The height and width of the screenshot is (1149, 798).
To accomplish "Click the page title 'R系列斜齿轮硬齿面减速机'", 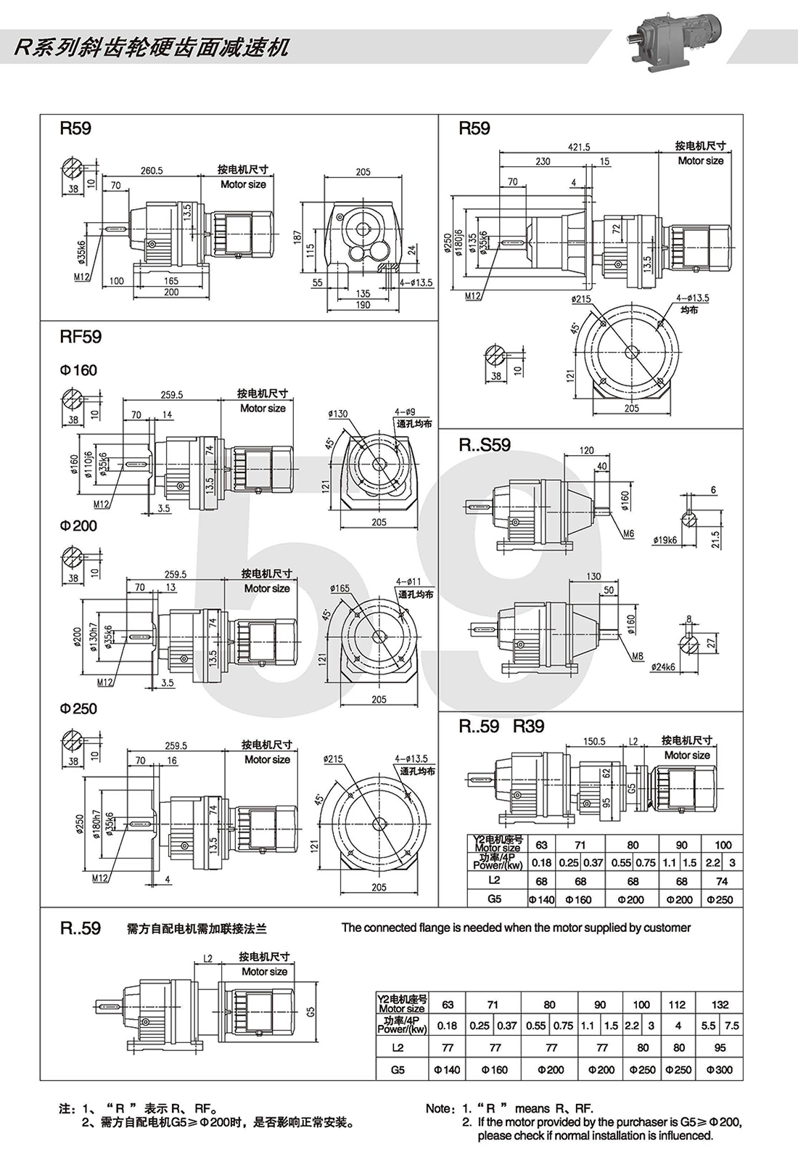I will point(152,48).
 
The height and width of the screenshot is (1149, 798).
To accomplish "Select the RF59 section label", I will point(81,337).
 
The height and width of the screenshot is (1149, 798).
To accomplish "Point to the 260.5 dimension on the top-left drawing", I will point(152,171).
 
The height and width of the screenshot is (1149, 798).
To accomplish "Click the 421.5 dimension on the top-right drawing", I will point(578,147).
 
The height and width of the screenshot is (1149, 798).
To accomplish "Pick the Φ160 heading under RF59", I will point(78,370).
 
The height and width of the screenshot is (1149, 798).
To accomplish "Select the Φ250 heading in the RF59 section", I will point(78,708).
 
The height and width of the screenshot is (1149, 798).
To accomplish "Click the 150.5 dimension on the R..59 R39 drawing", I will point(594,741).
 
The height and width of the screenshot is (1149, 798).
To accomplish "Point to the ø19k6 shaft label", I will point(665,540).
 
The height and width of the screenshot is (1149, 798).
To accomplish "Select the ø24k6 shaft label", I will point(663,666).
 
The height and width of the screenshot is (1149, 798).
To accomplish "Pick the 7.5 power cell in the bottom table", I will point(731,1026).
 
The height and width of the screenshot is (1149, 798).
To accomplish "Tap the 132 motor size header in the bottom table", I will point(720,1005).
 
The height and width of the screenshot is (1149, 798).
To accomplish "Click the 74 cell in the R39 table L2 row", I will point(722,881).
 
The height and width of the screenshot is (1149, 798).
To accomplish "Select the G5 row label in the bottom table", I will point(398,1069).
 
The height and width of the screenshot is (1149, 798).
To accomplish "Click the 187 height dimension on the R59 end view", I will point(297,237).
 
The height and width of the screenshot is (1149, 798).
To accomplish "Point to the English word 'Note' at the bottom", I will point(439,1108).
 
